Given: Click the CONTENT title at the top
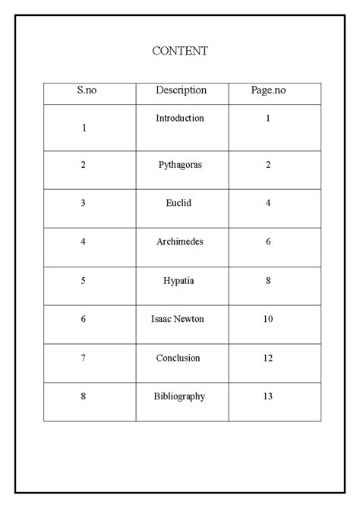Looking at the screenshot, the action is point(180,51).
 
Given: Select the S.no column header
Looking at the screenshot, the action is point(87,90).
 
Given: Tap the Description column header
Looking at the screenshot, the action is point(181,90).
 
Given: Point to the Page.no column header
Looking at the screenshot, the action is point(268,90).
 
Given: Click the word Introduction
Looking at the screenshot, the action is point(180,118).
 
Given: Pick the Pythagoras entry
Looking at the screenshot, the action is point(180,165).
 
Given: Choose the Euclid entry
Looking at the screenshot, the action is point(180,203).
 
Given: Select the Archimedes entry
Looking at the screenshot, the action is point(180,241).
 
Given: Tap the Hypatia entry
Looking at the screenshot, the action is point(180,280).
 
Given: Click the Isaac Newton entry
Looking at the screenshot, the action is point(179,319).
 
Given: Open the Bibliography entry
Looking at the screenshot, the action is point(179,396).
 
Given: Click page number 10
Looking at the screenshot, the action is point(268,319).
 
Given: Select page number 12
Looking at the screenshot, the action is point(268,358).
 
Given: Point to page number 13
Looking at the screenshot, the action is point(268,396).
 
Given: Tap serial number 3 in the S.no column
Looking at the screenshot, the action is point(84,203).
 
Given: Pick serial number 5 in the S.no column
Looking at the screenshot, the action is point(84,280).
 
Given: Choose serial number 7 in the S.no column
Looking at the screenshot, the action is point(84,358).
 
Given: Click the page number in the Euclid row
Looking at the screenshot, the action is point(268,203).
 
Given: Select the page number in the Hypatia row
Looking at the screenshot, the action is point(268,280).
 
